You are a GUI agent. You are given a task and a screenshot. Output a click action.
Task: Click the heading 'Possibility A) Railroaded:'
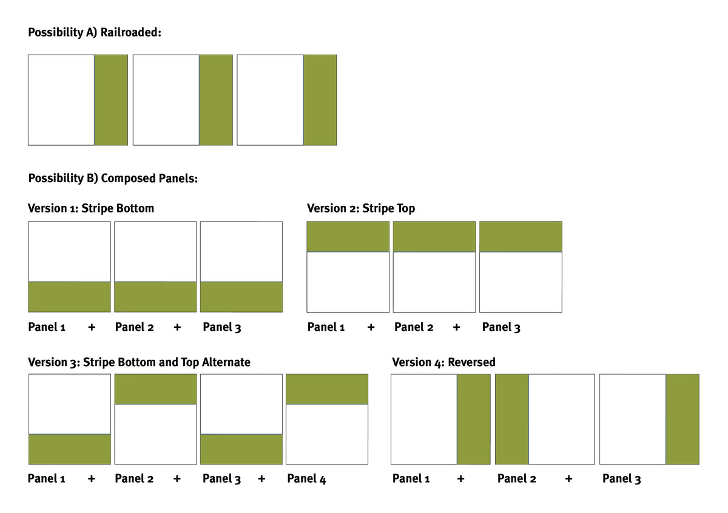click(95, 33)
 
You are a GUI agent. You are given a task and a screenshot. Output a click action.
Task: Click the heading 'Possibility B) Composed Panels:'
click(113, 178)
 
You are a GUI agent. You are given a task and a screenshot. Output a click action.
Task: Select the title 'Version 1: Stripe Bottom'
click(90, 208)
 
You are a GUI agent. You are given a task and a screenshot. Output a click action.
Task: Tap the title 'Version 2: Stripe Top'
click(361, 208)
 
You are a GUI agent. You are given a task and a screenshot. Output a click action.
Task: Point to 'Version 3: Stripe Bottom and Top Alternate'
click(139, 362)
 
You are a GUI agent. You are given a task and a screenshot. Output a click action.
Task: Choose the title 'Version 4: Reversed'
click(443, 362)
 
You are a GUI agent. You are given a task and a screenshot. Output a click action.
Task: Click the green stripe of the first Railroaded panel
click(111, 100)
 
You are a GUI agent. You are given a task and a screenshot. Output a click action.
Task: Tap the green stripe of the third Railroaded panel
click(320, 100)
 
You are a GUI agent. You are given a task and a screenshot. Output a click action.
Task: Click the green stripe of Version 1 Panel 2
click(155, 297)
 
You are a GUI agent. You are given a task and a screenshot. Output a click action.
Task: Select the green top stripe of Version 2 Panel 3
click(521, 237)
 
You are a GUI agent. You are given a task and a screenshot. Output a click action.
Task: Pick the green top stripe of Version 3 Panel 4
click(327, 389)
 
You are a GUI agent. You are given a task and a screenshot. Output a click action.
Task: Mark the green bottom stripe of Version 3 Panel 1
click(70, 449)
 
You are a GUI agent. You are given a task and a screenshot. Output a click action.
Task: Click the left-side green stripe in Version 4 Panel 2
click(512, 419)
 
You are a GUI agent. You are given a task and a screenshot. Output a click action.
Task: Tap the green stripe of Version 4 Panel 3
click(682, 419)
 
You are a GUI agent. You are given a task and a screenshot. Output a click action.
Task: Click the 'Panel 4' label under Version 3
click(306, 479)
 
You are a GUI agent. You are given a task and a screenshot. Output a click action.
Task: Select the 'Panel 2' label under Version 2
click(414, 327)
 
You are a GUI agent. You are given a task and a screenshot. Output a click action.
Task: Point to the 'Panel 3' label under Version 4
click(621, 479)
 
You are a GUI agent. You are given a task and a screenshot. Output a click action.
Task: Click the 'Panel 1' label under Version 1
click(47, 327)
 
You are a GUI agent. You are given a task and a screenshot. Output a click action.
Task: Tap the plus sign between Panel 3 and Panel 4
click(261, 478)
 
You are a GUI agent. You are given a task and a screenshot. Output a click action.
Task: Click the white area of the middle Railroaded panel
click(166, 100)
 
